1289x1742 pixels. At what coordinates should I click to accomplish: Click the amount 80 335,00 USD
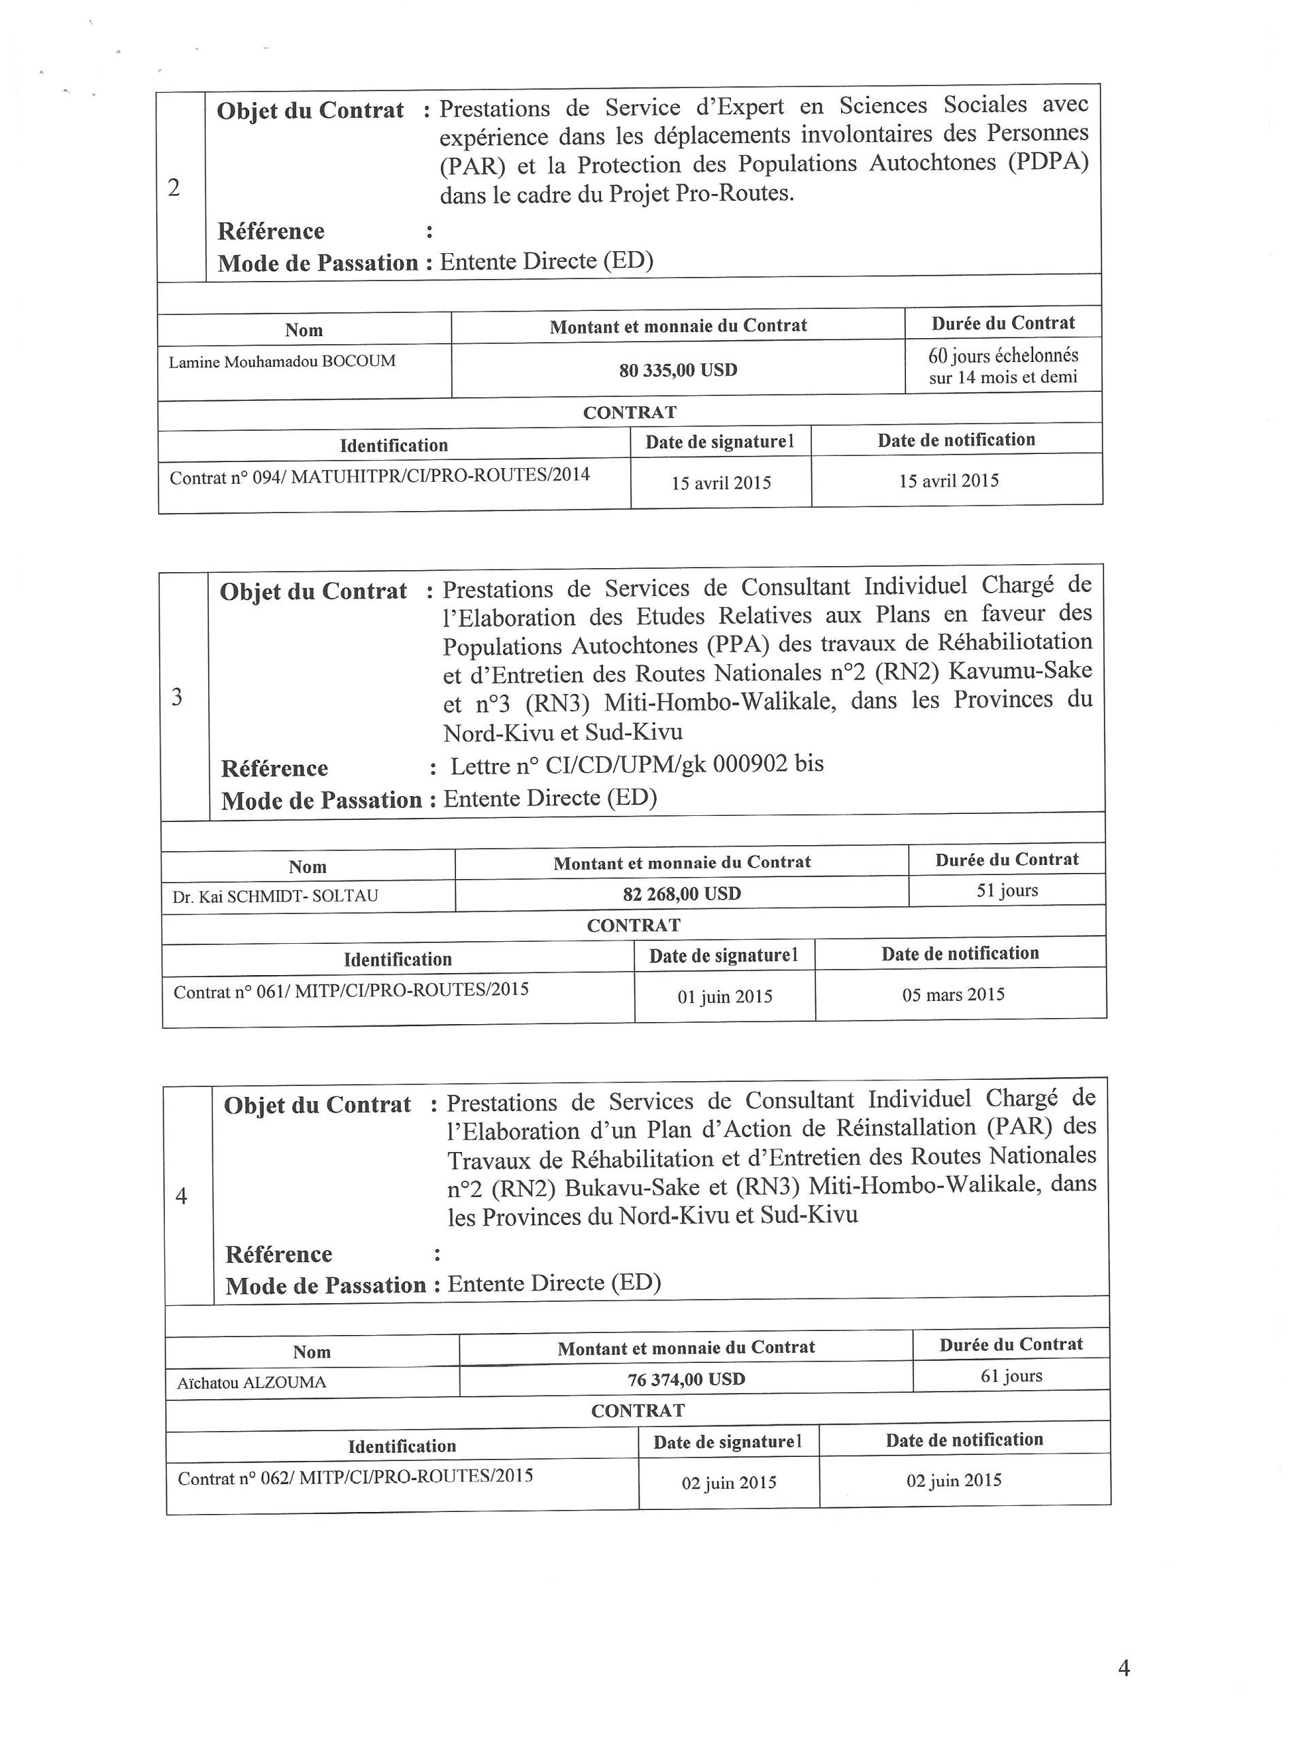point(678,369)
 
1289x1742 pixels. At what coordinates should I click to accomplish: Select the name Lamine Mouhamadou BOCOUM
point(282,362)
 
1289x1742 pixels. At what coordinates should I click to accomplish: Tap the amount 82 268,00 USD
point(681,894)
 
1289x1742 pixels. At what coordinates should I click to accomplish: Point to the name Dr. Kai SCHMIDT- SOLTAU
point(276,896)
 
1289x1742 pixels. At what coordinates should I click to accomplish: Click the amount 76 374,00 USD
point(686,1379)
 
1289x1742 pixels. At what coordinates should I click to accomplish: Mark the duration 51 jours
point(1007,891)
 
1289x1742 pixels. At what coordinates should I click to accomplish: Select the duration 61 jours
point(1011,1376)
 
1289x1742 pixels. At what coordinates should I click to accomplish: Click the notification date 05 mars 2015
point(953,995)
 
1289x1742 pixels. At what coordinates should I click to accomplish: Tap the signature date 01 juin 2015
point(724,997)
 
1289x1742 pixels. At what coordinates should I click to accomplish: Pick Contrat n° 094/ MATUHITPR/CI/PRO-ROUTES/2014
point(379,476)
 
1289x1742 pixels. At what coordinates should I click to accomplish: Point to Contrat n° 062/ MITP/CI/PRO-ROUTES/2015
point(355,1477)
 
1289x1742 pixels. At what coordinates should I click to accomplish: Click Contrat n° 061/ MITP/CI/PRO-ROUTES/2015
point(351,991)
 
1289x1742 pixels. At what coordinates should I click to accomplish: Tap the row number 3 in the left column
point(177,697)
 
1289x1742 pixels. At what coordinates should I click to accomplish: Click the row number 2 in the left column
point(174,187)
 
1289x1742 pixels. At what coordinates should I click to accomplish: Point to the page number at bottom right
point(1124,1667)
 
